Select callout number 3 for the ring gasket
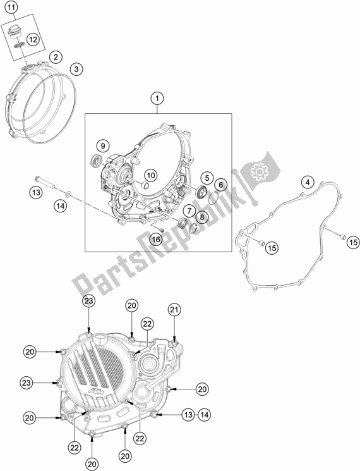point(75,68)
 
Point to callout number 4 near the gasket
point(306,182)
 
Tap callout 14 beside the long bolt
point(60,205)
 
